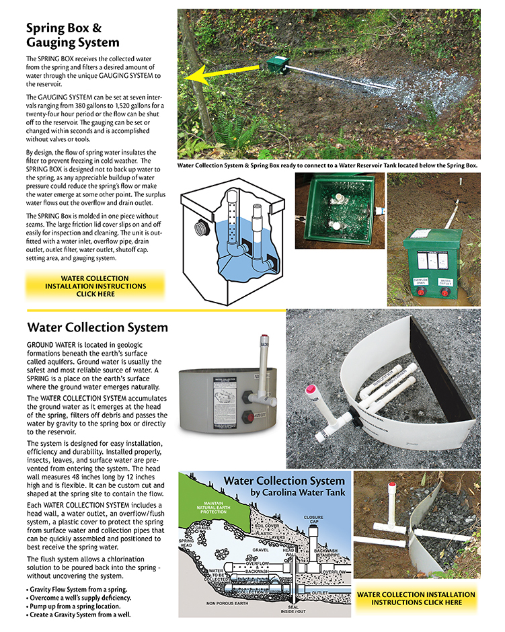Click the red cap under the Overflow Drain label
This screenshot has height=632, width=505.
(x=421, y=292)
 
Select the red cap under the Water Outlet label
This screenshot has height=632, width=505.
(x=444, y=292)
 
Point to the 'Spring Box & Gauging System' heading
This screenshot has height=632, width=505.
(x=73, y=36)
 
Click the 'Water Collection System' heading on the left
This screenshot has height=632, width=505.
(x=98, y=328)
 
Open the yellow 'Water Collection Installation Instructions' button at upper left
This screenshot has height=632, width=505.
(x=95, y=286)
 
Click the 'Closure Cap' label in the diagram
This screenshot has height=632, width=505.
(x=315, y=521)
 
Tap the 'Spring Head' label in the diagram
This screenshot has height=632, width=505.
(x=186, y=543)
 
